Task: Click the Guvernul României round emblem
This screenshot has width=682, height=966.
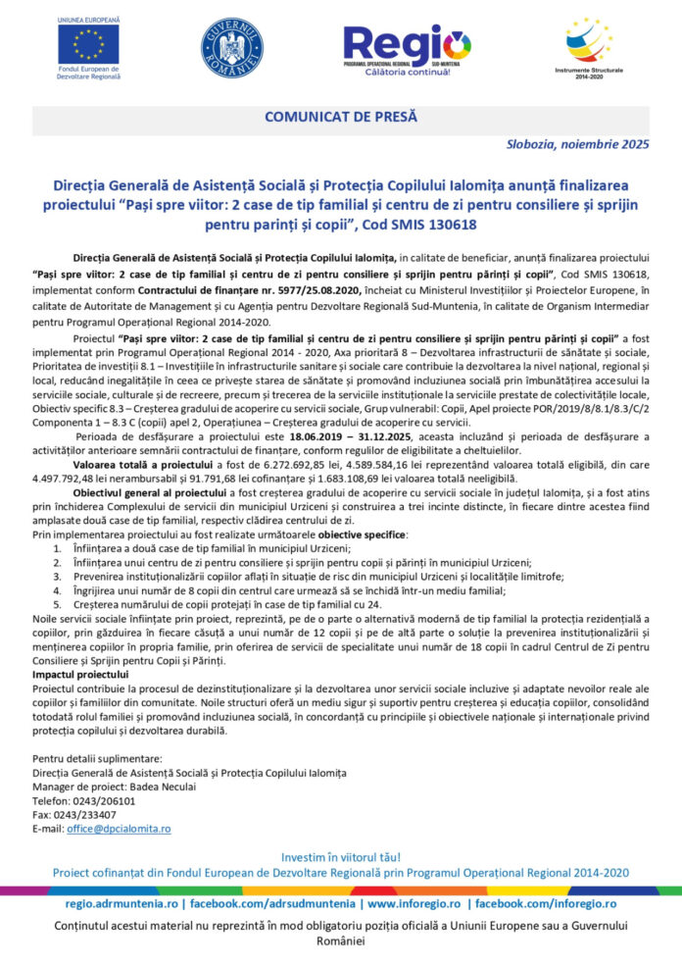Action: pos(231,48)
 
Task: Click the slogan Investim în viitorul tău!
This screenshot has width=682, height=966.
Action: pos(340,857)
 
